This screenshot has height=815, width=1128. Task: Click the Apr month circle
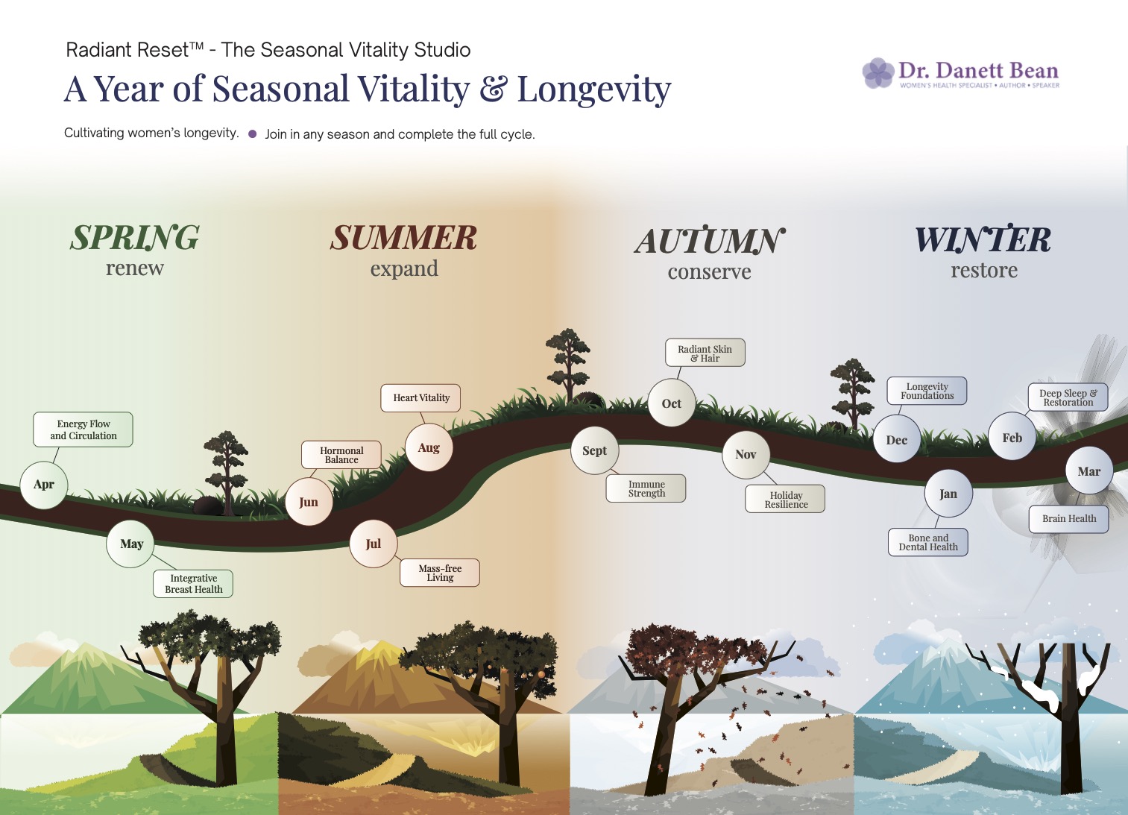(44, 485)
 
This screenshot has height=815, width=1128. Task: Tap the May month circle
(131, 544)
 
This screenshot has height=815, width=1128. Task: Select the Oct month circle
(671, 403)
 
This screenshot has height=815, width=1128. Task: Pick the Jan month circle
(948, 494)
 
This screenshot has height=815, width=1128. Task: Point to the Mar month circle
(1088, 471)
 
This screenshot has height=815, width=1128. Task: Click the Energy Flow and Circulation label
(84, 429)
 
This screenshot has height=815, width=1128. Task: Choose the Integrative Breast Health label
(194, 584)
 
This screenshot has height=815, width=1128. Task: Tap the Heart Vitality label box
(421, 398)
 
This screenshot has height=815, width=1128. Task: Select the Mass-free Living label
(440, 573)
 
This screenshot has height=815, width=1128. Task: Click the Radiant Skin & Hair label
(705, 353)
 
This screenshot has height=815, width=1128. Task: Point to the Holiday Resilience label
(786, 500)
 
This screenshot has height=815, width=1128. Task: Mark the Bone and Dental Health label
(928, 542)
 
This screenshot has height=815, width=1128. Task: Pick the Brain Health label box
(1069, 519)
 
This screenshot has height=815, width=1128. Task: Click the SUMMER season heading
(404, 239)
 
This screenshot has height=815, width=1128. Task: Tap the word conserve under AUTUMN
(709, 272)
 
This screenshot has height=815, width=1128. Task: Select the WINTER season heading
(983, 240)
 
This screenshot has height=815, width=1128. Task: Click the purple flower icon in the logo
(878, 73)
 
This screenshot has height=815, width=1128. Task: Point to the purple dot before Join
(252, 134)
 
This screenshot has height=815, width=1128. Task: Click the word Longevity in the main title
(594, 89)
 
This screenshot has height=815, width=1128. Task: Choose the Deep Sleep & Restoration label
(1068, 397)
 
